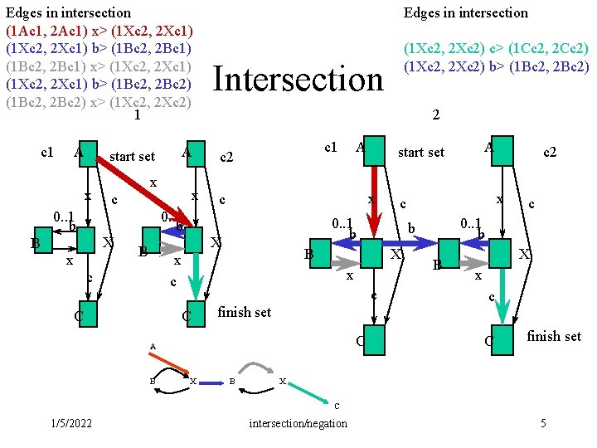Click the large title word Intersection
pos(298,79)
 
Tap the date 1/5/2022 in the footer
pos(70,423)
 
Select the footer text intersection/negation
pos(298,423)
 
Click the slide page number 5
pos(543,423)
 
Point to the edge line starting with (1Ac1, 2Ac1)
pos(99,30)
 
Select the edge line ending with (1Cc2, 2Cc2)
pos(496,49)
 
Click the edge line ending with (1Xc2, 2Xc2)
pos(99,103)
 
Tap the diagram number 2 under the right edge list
pos(437,117)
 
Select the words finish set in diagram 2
pos(554,336)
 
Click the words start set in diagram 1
pos(132,156)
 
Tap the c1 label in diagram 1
pos(47,152)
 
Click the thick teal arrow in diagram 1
pos(196,276)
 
